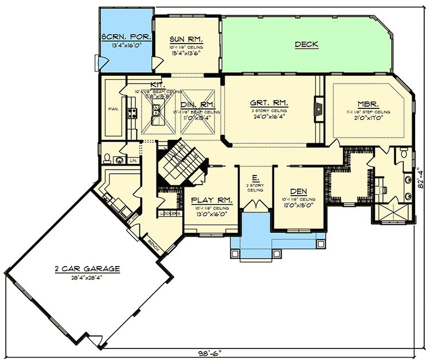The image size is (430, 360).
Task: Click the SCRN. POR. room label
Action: click(127, 36)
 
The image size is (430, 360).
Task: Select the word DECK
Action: click(307, 44)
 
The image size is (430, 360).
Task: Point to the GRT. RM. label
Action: click(269, 103)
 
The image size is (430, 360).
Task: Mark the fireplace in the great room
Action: click(317, 109)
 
